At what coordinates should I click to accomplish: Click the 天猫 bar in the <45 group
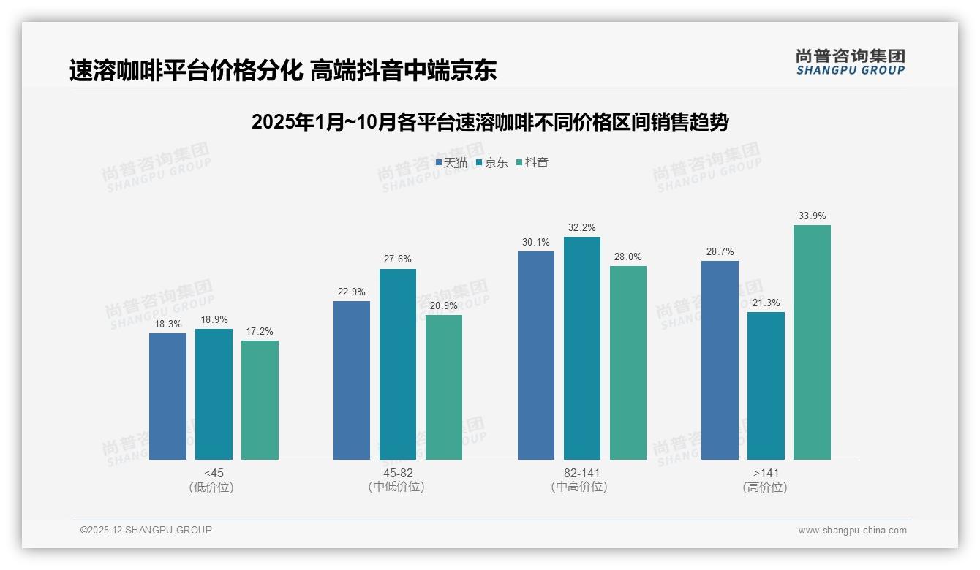[x=167, y=396]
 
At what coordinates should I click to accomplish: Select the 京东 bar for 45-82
[x=397, y=364]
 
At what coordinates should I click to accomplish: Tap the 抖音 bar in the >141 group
[x=812, y=342]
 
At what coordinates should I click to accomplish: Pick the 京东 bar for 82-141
[x=581, y=348]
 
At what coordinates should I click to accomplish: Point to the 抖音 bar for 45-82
[x=444, y=387]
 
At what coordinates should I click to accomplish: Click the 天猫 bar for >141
[x=720, y=360]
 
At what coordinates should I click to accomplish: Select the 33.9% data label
[x=812, y=216]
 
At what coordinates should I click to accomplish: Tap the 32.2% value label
[x=581, y=227]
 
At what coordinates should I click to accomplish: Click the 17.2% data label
[x=260, y=331]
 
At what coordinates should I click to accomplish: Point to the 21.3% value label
[x=766, y=303]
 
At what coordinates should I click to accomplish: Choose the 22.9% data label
[x=352, y=292]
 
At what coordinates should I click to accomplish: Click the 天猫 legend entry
[x=451, y=162]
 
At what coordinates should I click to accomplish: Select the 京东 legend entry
[x=491, y=162]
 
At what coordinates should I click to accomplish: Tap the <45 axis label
[x=214, y=473]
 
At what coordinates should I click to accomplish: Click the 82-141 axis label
[x=581, y=473]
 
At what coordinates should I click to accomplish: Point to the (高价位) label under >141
[x=765, y=487]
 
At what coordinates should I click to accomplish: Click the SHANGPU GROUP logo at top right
[x=850, y=62]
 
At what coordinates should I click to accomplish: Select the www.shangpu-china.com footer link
[x=852, y=531]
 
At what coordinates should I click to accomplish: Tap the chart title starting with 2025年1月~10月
[x=489, y=122]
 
